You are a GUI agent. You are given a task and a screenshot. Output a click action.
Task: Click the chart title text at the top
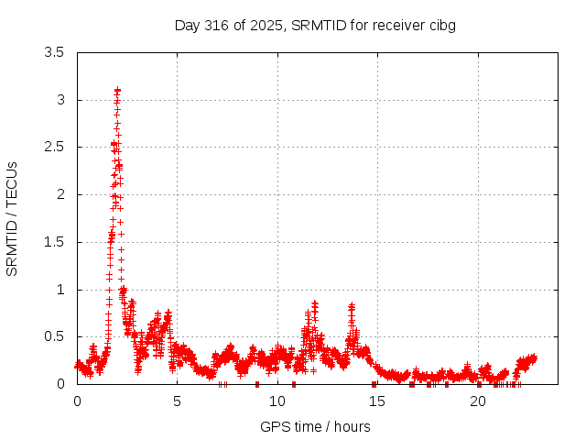point(315,25)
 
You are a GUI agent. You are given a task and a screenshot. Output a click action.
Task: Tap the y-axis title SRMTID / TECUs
point(13,218)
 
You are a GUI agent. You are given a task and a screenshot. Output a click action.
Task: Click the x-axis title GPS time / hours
point(315,426)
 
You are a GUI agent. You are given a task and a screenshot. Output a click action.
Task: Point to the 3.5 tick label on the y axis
point(54,52)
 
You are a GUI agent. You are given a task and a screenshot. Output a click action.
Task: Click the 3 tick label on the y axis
point(60,100)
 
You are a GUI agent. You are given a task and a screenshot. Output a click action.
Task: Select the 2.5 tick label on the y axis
point(54,147)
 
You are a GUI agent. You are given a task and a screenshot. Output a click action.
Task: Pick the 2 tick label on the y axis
point(60,194)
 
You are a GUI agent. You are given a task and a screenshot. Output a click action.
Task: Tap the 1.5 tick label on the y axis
point(54,242)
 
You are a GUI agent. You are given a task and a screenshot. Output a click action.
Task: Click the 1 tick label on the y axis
point(60,290)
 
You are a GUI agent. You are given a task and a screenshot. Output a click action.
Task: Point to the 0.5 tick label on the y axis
point(54,336)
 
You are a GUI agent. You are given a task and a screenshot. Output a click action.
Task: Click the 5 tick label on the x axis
point(178,401)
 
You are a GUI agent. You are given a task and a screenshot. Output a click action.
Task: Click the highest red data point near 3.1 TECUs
point(117,90)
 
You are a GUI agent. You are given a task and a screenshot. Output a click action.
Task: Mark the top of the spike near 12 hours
point(315,302)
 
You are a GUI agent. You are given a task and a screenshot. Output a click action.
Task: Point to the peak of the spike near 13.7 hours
point(352,306)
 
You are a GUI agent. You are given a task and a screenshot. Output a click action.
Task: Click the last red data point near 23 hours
point(534,357)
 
